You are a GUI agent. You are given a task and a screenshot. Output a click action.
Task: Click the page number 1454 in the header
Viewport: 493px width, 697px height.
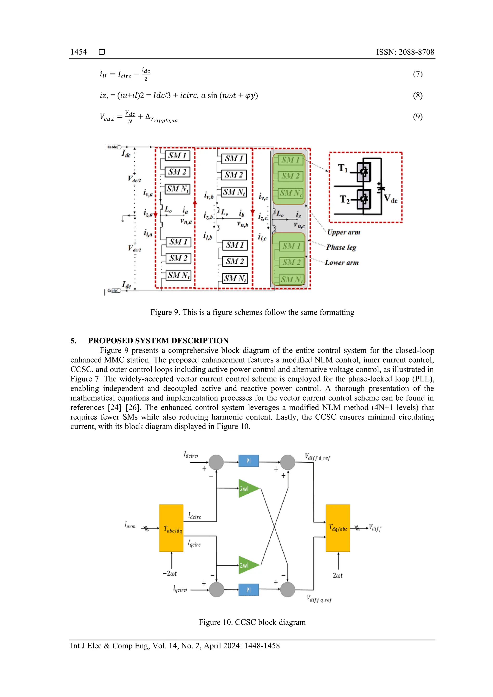pos(78,52)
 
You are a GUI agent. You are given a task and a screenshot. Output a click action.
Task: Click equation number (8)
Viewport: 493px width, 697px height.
pos(417,95)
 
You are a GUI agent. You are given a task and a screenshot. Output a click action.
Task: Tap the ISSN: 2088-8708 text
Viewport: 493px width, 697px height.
pos(405,52)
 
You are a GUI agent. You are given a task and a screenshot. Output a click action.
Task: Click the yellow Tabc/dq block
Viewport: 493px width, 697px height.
pos(171,528)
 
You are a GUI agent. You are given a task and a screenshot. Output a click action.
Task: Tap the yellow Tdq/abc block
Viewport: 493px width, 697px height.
pos(338,528)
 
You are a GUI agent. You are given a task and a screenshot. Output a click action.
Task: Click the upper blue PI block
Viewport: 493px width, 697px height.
pos(248,461)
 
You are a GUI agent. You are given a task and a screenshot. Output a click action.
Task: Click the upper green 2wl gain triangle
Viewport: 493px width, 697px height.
pos(247,488)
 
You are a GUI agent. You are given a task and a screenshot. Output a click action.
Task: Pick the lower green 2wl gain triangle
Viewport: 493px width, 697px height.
pos(247,565)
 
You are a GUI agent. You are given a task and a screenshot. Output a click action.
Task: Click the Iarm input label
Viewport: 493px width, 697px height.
pos(130,525)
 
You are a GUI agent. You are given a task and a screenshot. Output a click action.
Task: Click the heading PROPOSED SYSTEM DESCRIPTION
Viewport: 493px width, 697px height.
pos(158,341)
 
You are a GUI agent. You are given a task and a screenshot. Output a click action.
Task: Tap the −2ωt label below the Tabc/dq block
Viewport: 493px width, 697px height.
pos(169,573)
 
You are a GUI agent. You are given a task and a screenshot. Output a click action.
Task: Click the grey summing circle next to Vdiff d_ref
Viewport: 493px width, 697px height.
pos(287,462)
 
